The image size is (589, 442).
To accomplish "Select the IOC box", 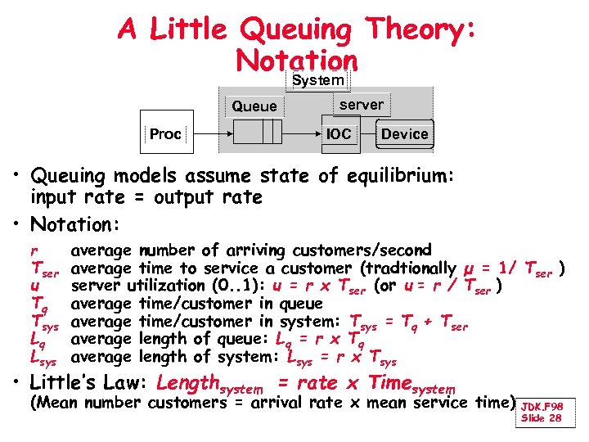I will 338,133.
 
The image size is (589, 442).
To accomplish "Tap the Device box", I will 404,133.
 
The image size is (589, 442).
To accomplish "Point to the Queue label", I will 254,106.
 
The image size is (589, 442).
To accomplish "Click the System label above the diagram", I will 318,80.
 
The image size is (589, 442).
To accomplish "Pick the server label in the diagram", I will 361,104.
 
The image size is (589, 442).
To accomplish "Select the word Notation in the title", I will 295,60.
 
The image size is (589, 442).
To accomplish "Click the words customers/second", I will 369,250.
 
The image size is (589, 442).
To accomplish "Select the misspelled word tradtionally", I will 411,268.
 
